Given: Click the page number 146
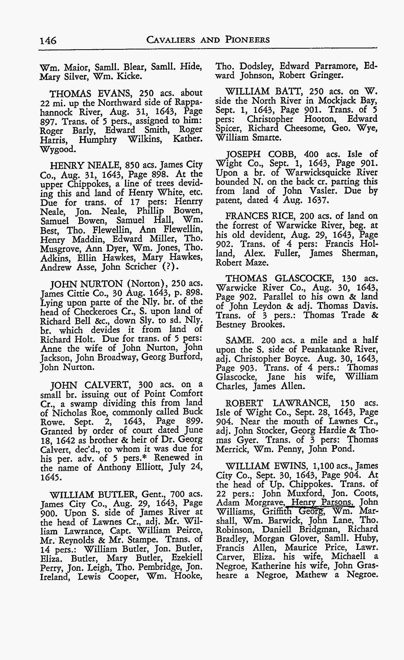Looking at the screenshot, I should (48, 41).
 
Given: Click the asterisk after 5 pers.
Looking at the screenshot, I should (148, 458).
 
